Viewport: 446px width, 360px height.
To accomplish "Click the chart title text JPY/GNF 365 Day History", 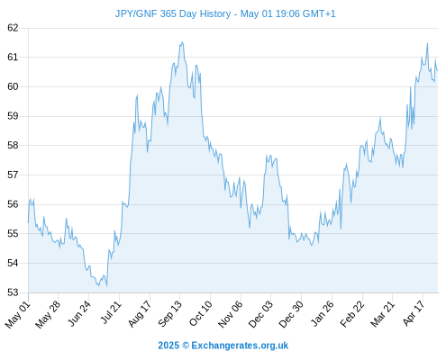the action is coord(173,14).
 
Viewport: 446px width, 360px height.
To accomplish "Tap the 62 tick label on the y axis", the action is coord(13,28).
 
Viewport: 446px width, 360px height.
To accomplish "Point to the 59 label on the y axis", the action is coord(13,116).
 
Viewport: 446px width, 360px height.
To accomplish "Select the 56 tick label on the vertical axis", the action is coord(13,204).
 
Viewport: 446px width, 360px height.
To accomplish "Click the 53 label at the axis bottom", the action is coord(13,292).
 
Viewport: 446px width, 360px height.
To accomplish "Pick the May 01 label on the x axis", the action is coord(18,314).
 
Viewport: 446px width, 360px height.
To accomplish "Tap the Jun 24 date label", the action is coord(78,314).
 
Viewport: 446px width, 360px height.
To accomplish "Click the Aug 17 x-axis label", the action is coord(140,314).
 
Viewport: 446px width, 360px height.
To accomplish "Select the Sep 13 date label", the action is coord(169,314).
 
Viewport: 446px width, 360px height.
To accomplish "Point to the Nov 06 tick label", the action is coord(231,314).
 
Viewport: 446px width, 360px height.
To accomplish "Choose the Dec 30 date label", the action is coord(291,314).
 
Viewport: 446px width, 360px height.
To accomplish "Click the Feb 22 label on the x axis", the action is coord(352,314).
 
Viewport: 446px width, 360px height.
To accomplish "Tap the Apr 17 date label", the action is coord(414,313).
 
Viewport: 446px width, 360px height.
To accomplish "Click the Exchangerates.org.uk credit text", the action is coord(240,346).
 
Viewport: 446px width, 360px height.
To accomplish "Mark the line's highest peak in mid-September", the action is coord(182,42).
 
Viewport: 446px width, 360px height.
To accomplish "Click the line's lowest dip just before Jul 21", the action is coord(106,286).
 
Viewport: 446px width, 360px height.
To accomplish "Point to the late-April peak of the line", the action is coord(427,43).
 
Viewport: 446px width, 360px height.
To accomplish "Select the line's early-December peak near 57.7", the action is coord(267,155).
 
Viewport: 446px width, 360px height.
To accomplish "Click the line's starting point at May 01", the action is coord(28,222).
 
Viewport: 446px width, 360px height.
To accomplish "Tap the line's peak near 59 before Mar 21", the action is coord(380,117).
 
